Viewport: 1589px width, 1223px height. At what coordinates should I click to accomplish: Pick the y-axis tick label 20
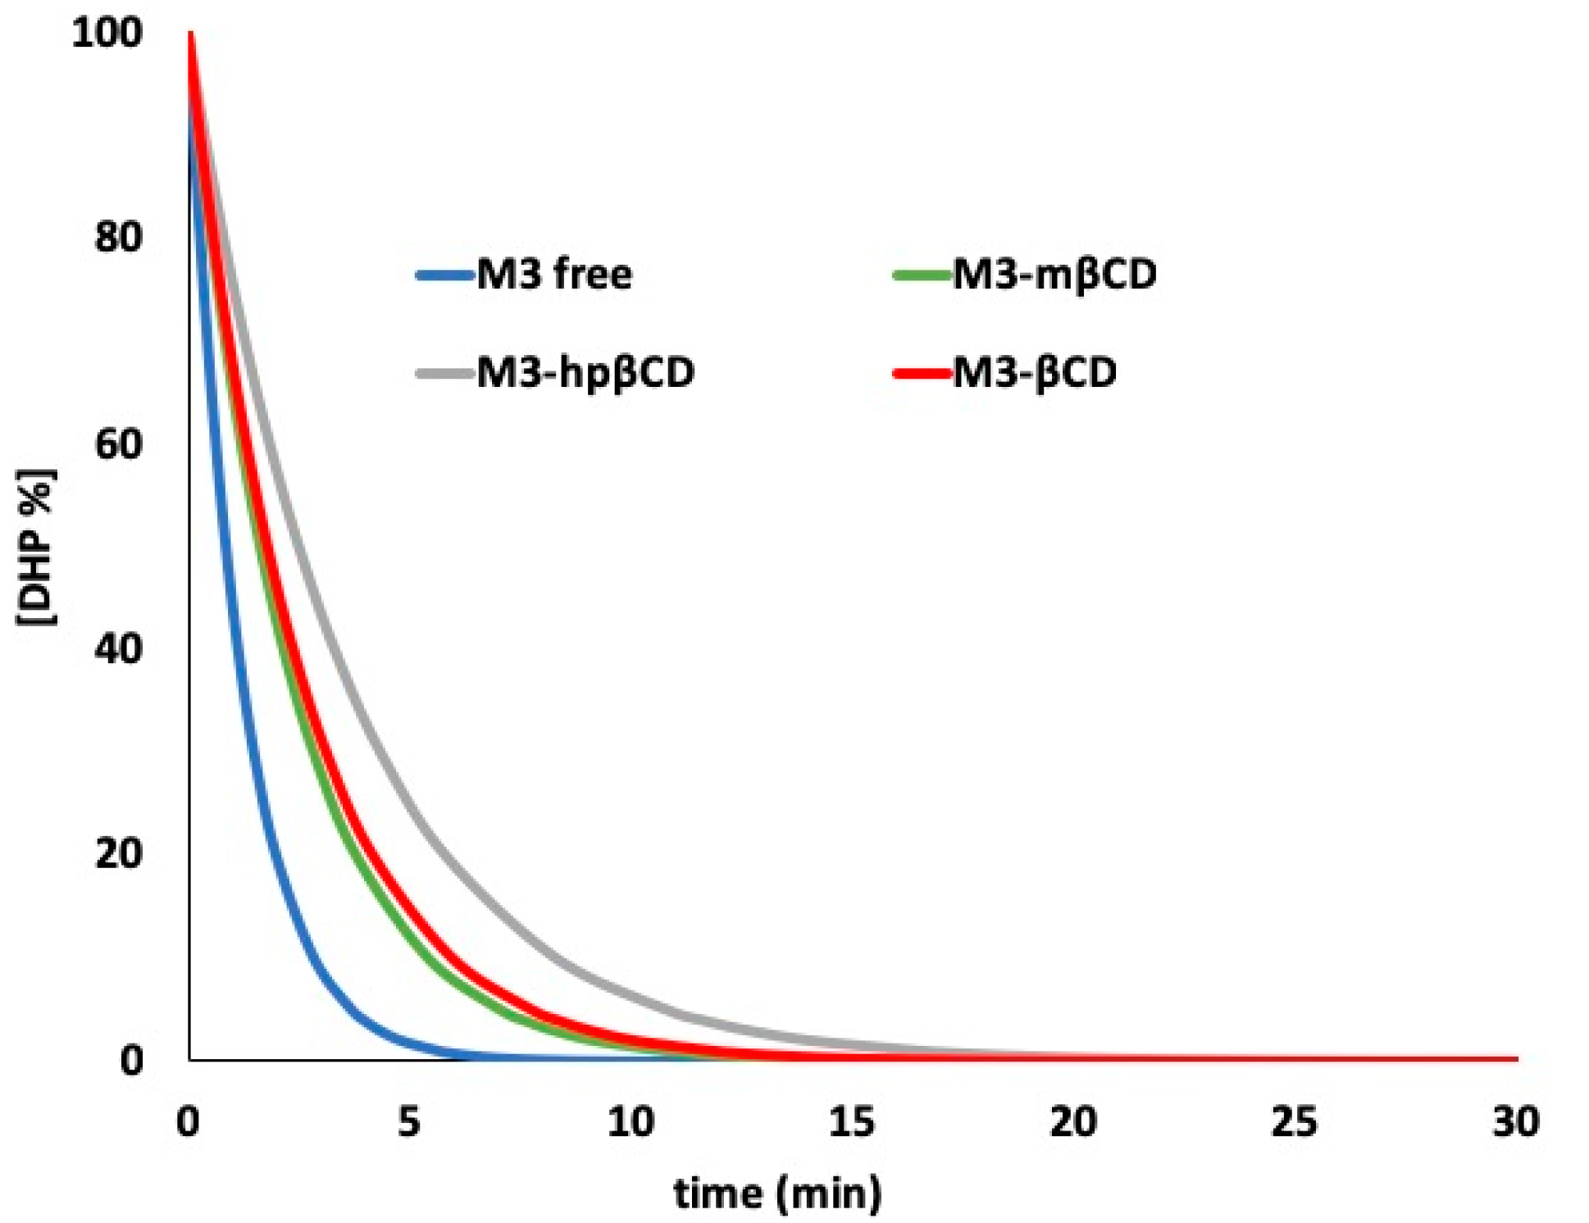coord(118,853)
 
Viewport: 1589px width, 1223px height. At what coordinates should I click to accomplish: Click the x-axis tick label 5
coord(409,1121)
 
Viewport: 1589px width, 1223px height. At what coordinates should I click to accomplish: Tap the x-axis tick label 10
coord(631,1121)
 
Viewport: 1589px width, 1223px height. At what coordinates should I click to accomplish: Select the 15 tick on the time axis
coord(852,1121)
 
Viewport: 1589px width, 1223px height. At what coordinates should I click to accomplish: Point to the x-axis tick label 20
coord(1073,1121)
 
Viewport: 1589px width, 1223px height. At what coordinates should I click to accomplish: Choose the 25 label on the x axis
coord(1295,1121)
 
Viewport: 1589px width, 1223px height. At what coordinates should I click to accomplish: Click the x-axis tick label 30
coord(1516,1121)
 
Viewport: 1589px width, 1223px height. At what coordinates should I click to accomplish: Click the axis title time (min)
coord(777,1193)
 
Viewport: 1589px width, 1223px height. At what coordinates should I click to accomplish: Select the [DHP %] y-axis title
coord(37,548)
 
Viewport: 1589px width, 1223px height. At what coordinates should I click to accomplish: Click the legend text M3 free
coord(554,274)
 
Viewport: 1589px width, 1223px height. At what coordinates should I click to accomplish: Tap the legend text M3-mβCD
coord(1054,274)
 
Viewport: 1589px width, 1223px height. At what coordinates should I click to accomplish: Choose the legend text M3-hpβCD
coord(585,373)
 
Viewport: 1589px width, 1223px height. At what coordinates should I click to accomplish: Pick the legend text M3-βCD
coord(1035,373)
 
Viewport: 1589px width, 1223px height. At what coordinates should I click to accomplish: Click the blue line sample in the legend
coord(445,275)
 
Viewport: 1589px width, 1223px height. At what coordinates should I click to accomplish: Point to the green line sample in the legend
coord(921,275)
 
